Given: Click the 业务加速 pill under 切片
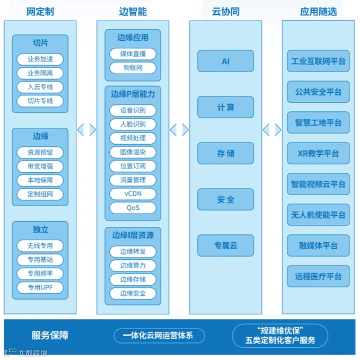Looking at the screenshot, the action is (40, 59).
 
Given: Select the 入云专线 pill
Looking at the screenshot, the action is (40, 87).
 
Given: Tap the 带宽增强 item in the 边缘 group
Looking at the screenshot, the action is (40, 166).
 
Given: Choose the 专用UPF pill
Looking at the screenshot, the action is (40, 287).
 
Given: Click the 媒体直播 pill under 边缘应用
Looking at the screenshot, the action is (133, 54).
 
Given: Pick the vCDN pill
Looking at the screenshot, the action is (133, 194).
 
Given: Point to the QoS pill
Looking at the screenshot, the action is (133, 208).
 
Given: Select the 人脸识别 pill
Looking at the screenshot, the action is (133, 124).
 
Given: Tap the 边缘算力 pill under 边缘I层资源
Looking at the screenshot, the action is (133, 266).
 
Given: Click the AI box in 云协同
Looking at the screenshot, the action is (226, 61).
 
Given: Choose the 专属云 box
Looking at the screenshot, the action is (226, 245).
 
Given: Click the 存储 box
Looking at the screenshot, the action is (226, 153).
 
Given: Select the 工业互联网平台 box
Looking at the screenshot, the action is (319, 61).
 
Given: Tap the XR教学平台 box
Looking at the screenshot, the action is (319, 153).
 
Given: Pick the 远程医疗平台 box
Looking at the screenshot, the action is (319, 276).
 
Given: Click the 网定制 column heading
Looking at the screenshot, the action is (40, 12).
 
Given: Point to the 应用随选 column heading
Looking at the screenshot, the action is (319, 12).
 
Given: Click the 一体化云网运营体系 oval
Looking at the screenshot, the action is (160, 336).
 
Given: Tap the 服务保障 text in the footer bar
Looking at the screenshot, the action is (50, 336).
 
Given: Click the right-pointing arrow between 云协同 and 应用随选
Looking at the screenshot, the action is (278, 130).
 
